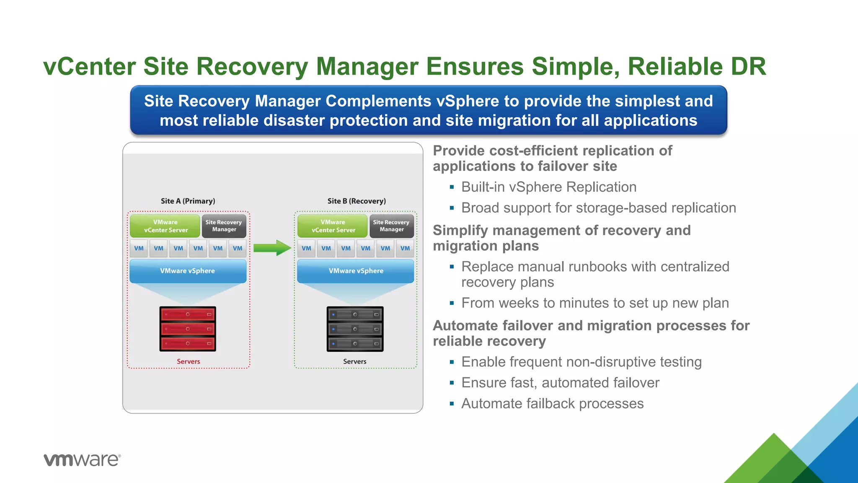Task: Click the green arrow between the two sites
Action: pos(272,248)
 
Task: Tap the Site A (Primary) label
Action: pos(188,201)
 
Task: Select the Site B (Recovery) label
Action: pos(357,201)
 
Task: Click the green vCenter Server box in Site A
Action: pos(165,226)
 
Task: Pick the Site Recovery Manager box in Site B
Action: pos(391,226)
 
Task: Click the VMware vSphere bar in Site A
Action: pos(188,271)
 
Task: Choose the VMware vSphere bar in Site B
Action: pos(356,271)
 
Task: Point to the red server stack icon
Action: pos(188,329)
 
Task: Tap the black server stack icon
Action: pos(355,329)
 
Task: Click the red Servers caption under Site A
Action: pos(188,361)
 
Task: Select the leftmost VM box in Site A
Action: pos(139,248)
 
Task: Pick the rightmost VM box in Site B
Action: pos(405,248)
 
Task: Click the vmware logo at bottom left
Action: pos(82,460)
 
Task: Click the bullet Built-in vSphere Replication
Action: pos(548,187)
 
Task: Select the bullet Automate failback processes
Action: pos(552,403)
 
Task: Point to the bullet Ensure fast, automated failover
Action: pos(560,383)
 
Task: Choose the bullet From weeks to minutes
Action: pos(595,303)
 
